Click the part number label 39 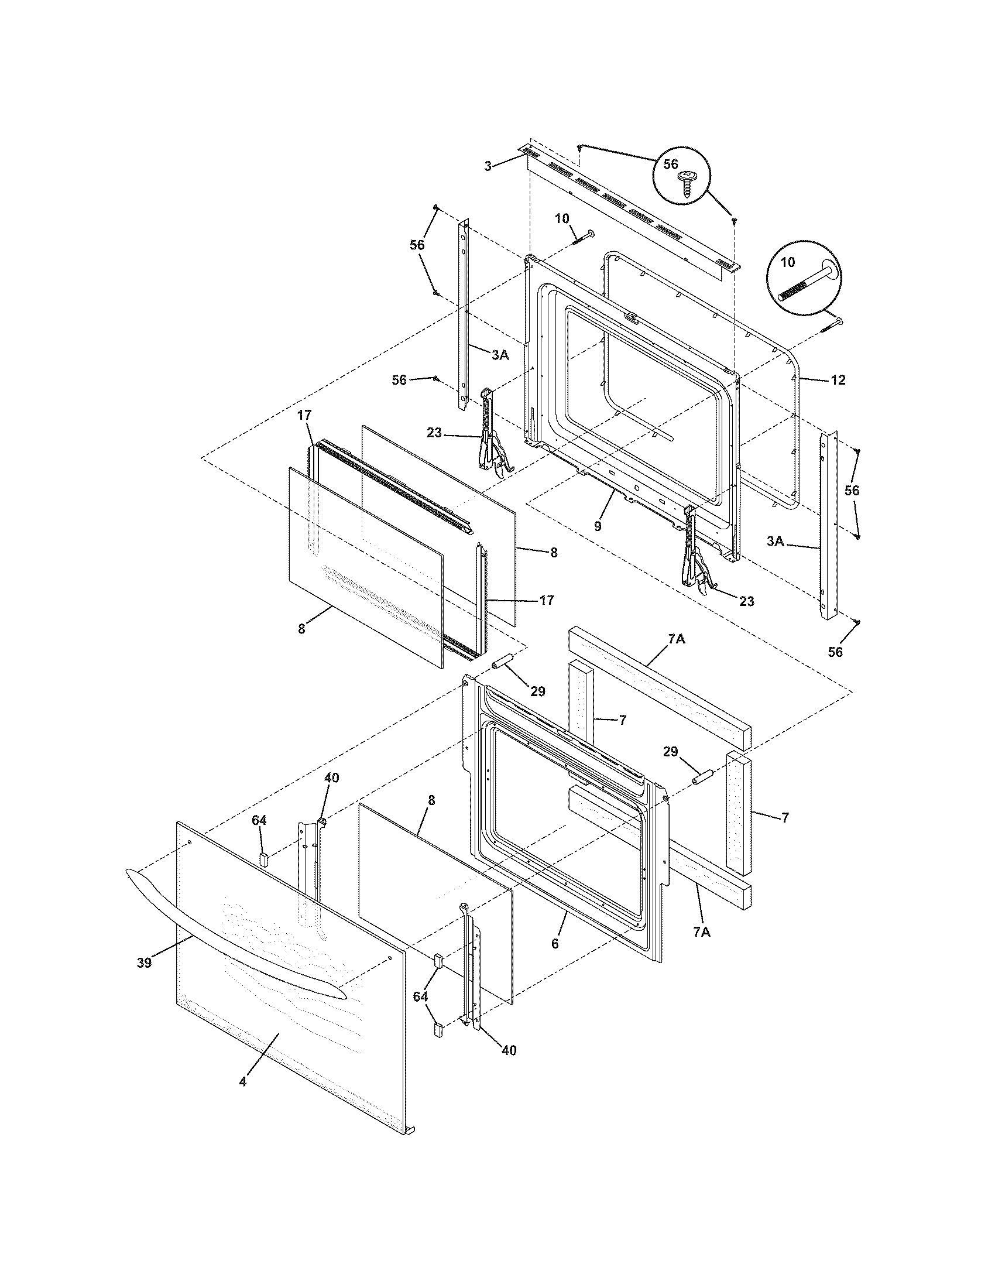pyautogui.click(x=144, y=963)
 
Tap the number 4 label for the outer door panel pyautogui.click(x=243, y=1082)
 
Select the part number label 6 pyautogui.click(x=555, y=943)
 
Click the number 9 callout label pyautogui.click(x=598, y=526)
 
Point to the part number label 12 pyautogui.click(x=838, y=381)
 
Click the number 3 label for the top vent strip pyautogui.click(x=488, y=167)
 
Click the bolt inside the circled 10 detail pyautogui.click(x=807, y=283)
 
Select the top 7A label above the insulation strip pyautogui.click(x=676, y=639)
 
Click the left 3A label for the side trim pyautogui.click(x=500, y=354)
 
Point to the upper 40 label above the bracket pyautogui.click(x=331, y=778)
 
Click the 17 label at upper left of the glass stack pyautogui.click(x=304, y=415)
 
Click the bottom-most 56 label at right pyautogui.click(x=835, y=652)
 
